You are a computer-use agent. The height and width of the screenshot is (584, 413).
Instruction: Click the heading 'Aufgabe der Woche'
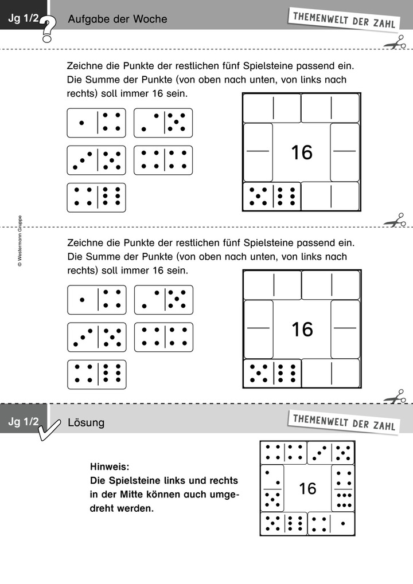(x=117, y=19)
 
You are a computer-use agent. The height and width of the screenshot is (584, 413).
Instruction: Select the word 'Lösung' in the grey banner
(x=86, y=423)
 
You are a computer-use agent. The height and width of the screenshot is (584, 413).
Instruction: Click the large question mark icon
(x=49, y=29)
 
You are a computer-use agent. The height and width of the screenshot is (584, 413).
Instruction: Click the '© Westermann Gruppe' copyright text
(x=20, y=241)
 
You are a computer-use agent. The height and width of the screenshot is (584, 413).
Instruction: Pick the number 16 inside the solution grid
(x=307, y=488)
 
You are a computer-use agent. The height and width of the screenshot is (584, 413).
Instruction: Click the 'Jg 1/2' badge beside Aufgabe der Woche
(x=23, y=19)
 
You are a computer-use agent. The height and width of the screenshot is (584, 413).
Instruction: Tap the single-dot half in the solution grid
(x=343, y=523)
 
